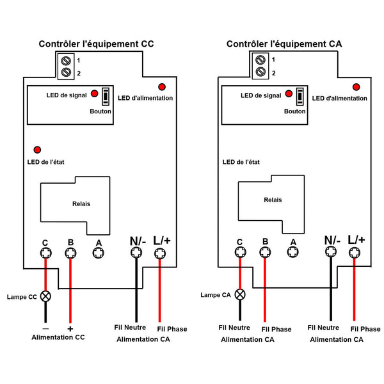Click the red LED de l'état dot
click(x=37, y=150)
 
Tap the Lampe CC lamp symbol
click(x=45, y=296)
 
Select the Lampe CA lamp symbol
click(x=240, y=294)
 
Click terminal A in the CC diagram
click(x=99, y=253)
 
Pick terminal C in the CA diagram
click(x=240, y=252)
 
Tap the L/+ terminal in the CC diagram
click(x=160, y=253)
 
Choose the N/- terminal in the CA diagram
click(x=331, y=252)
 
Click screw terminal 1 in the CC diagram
click(x=66, y=61)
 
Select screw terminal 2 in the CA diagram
click(x=260, y=72)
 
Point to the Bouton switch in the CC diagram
click(x=106, y=96)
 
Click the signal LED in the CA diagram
click(x=289, y=93)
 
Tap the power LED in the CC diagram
click(x=162, y=86)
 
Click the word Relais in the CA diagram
click(x=273, y=200)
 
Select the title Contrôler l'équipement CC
click(x=96, y=44)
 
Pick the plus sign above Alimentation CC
click(x=70, y=329)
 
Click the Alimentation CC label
click(x=58, y=337)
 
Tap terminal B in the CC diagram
click(x=70, y=253)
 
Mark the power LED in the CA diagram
click(x=356, y=87)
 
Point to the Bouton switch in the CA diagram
click(x=300, y=96)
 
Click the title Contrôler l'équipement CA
click(x=284, y=44)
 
